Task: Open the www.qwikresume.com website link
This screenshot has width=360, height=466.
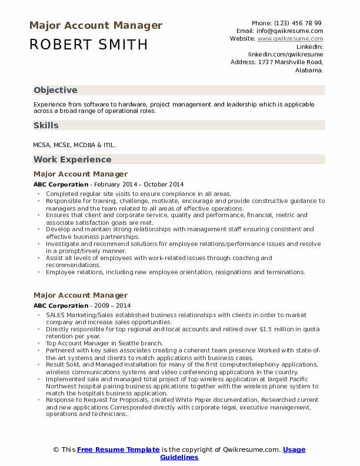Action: pyautogui.click(x=290, y=38)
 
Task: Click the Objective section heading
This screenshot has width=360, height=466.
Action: pyautogui.click(x=55, y=90)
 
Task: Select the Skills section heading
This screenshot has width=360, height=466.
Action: pyautogui.click(x=46, y=125)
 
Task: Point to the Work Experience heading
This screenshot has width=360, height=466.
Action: pyautogui.click(x=72, y=159)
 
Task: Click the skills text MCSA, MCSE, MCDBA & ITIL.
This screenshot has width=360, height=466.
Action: pyautogui.click(x=75, y=144)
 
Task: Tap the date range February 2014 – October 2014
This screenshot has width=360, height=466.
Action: pyautogui.click(x=138, y=184)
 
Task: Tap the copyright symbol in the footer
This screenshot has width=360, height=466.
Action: pyautogui.click(x=56, y=450)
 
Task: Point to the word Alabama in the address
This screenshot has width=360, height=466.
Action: pyautogui.click(x=309, y=69)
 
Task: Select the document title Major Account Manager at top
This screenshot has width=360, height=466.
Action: pyautogui.click(x=95, y=25)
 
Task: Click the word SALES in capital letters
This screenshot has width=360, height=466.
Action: pyautogui.click(x=55, y=315)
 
